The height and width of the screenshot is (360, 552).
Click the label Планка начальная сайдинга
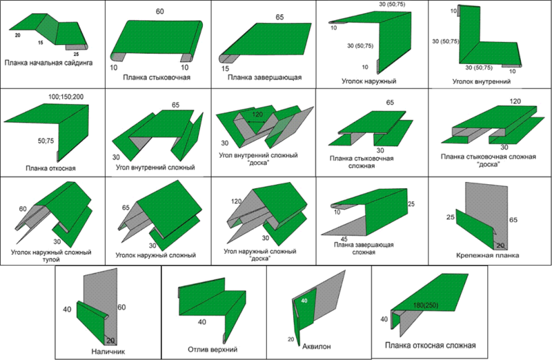tap(48, 63)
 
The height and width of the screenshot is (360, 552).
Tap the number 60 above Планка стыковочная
tap(160, 12)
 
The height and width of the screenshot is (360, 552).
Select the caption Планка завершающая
tap(264, 77)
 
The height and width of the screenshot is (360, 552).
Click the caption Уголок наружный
tap(369, 81)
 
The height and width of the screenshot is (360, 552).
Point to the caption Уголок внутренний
tap(482, 81)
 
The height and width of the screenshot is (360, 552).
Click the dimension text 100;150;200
tap(66, 97)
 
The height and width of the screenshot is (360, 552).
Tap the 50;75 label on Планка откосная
tap(46, 141)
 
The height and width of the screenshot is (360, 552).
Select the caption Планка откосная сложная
tap(430, 346)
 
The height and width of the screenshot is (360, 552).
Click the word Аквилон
tap(317, 347)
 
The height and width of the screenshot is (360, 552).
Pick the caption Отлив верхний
tap(213, 350)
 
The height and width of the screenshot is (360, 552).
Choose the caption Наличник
tap(108, 352)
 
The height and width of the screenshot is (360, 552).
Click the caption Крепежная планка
tap(488, 255)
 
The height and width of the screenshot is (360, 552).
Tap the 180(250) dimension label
tap(425, 306)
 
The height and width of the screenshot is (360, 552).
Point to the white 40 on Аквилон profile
tap(304, 301)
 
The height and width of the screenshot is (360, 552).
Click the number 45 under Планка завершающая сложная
tap(344, 239)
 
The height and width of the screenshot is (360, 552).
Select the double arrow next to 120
tap(257, 122)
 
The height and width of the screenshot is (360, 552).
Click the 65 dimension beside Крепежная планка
tap(513, 220)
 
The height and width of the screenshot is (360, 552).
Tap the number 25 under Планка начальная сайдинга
tap(76, 54)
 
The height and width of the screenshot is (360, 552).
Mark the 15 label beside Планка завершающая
tap(226, 68)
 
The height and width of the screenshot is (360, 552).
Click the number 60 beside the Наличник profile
tap(121, 308)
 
